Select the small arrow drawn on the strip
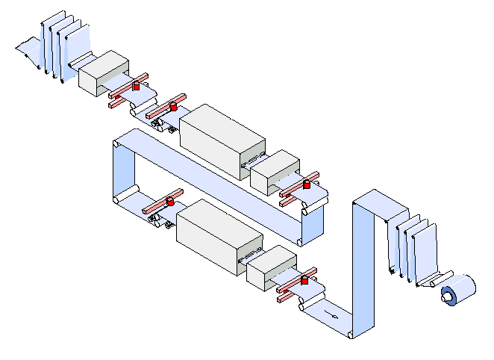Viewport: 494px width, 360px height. point(334,317)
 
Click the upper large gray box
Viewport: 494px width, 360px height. point(222,140)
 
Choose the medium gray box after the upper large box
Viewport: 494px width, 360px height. point(274,171)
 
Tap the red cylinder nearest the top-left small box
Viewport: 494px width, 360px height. point(136,87)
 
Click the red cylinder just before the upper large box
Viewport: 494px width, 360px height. point(174,107)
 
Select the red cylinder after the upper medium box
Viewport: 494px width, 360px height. point(306,184)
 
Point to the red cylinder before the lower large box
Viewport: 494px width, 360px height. point(170,202)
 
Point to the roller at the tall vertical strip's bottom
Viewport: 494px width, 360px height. point(349,335)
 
